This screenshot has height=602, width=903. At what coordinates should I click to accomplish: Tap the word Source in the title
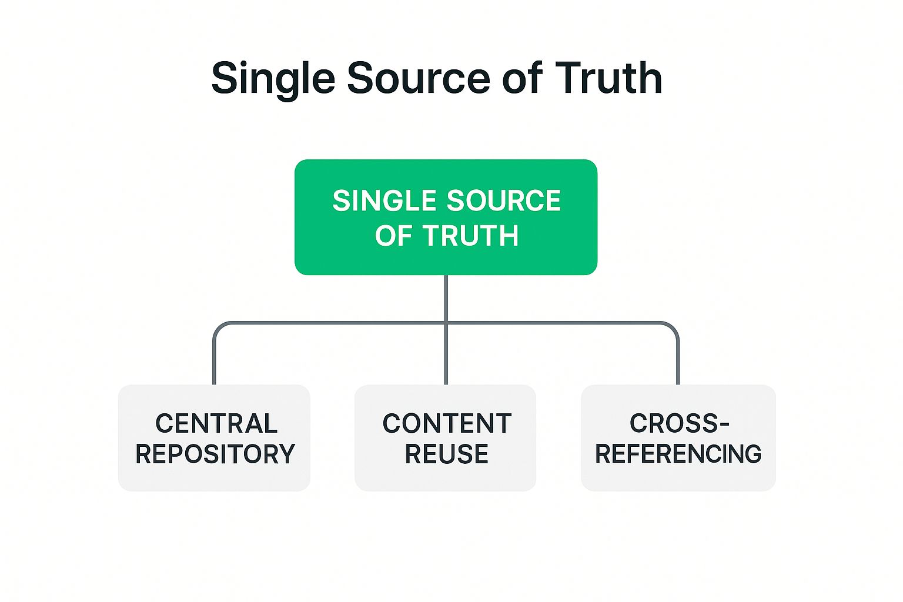[x=419, y=78]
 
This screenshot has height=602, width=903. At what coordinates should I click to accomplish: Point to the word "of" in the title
[x=523, y=78]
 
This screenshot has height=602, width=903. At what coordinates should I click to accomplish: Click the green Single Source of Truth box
[x=446, y=217]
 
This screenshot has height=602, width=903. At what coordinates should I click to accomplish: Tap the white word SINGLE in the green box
[x=384, y=201]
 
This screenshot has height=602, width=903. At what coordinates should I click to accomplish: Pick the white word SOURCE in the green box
[x=504, y=201]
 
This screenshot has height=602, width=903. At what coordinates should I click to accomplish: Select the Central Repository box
[x=214, y=438]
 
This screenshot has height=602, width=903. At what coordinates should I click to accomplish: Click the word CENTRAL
[x=216, y=424]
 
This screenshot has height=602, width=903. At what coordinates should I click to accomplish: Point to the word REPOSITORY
[x=215, y=454]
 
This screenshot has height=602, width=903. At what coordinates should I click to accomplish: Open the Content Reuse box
[x=446, y=438]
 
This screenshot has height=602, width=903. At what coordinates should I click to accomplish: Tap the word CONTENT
[x=447, y=424]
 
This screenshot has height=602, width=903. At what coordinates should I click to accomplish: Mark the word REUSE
[x=447, y=454]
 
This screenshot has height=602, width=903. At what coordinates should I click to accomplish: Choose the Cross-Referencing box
[x=678, y=438]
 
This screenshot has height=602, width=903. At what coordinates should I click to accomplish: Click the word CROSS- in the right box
[x=680, y=424]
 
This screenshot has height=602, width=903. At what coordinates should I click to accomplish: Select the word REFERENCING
[x=678, y=454]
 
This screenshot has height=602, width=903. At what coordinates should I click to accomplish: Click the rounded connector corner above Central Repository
[x=219, y=327]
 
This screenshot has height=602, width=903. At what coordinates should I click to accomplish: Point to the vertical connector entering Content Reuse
[x=446, y=354]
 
